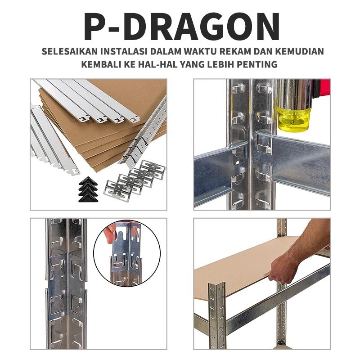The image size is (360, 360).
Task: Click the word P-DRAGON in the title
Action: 182,27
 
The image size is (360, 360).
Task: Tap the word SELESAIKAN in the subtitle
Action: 70,51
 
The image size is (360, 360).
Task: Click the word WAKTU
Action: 200,51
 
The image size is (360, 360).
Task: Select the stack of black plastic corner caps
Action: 88,189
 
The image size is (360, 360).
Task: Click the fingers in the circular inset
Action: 110,233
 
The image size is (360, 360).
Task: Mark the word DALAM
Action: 166,51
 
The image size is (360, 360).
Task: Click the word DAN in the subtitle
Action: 263,51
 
